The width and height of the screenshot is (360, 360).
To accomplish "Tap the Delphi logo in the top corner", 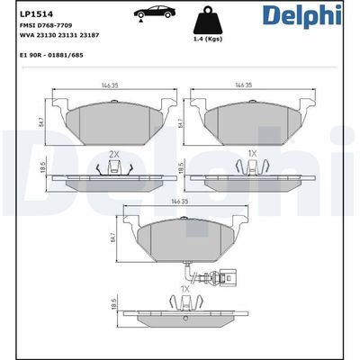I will click(313, 16).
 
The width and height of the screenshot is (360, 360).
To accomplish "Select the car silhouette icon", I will click(150, 16).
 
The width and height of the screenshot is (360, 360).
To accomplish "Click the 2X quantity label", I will click(113, 154).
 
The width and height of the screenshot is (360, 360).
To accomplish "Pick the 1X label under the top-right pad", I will click(252, 154).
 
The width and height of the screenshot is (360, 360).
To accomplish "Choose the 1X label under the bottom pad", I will click(185, 289).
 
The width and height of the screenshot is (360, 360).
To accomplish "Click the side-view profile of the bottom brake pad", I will click(185, 317).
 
